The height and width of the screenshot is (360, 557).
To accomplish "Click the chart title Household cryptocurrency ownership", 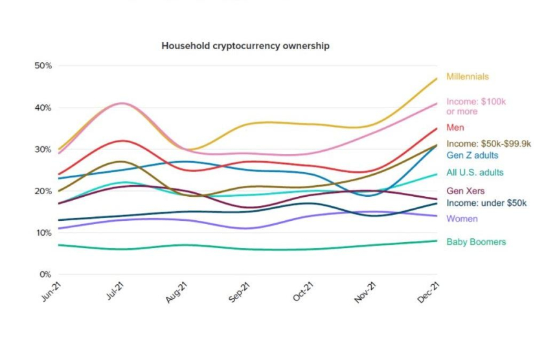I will click(245, 47).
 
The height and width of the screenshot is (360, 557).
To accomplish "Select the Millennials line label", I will click(467, 76).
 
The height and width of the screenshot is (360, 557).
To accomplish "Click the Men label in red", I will click(455, 128).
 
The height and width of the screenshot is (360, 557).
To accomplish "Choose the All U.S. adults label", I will click(475, 173).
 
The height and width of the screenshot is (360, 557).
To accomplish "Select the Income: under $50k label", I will click(486, 203).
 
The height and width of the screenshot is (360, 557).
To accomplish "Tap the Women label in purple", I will click(462, 219).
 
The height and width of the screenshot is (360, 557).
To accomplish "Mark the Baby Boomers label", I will click(476, 242).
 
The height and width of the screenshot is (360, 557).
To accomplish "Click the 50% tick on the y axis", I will click(43, 65).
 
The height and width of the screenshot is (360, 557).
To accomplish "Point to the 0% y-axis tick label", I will click(45, 275).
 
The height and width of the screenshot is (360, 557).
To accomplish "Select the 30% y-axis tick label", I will click(43, 149).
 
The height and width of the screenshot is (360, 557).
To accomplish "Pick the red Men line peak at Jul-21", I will click(121, 141).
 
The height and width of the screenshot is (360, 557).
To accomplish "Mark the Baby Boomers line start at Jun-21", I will click(58, 245).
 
